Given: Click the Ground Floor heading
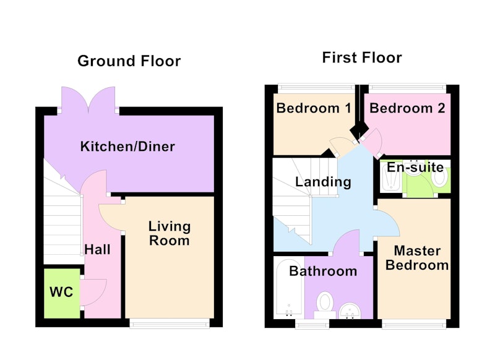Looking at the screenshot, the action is (129, 61).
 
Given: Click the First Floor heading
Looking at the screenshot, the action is (362, 58).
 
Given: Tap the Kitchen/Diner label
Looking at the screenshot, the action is (127, 147).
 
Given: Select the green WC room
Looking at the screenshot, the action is (62, 293).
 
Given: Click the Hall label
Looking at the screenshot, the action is (98, 249).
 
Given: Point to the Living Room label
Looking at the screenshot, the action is (170, 233).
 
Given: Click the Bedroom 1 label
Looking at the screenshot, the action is (314, 108).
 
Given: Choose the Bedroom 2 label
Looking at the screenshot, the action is (407, 108).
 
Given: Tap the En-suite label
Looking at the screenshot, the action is (415, 167).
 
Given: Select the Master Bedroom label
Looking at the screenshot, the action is (417, 258).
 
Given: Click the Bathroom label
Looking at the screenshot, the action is (323, 272).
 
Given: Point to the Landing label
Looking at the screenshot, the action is (323, 182).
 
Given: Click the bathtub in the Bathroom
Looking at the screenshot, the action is (289, 288).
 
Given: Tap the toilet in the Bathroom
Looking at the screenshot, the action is (325, 304).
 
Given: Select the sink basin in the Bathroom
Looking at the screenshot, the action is (350, 311).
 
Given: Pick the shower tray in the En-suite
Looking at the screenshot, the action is (391, 177).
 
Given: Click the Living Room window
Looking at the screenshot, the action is (170, 323).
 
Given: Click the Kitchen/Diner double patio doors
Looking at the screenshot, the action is (88, 100).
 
